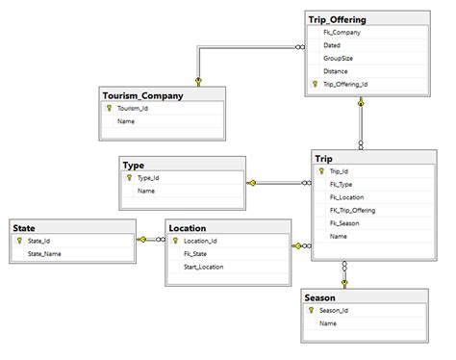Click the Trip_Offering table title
click(337, 18)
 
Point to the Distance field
click(336, 71)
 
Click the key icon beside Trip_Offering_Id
click(314, 85)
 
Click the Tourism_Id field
click(133, 109)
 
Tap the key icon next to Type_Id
click(128, 177)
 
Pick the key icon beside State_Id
click(18, 241)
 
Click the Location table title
click(188, 228)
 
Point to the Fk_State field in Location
click(195, 254)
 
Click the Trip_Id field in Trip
click(339, 170)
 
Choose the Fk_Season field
click(344, 222)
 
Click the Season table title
click(320, 297)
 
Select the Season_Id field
click(335, 310)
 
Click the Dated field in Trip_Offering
click(332, 44)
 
